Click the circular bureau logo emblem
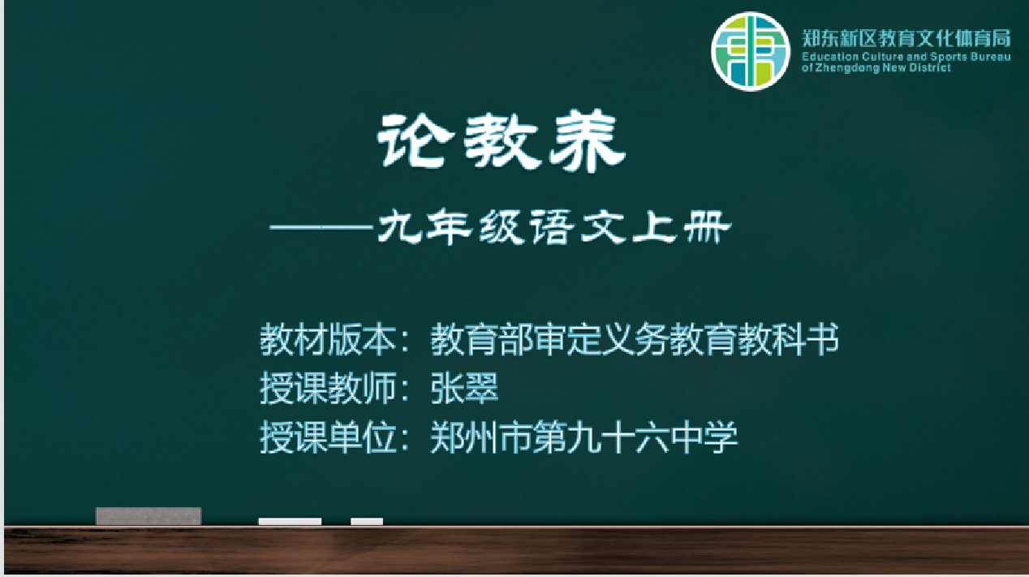point(751,51)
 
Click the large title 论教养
point(502,141)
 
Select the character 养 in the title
point(588,141)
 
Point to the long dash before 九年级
point(321,227)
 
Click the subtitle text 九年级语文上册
point(554,227)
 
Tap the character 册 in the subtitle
point(708,227)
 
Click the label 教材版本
point(328,340)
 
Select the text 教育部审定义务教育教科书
point(635,340)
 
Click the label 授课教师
point(328,389)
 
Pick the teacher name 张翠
point(464,389)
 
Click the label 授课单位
point(328,437)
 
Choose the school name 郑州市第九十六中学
point(583,437)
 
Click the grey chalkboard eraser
point(149,516)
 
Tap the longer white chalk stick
point(290,522)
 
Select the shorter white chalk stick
point(367,522)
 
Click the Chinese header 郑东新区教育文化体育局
point(906,39)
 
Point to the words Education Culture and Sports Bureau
point(906,57)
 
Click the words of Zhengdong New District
point(876,68)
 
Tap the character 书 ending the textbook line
point(822,340)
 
